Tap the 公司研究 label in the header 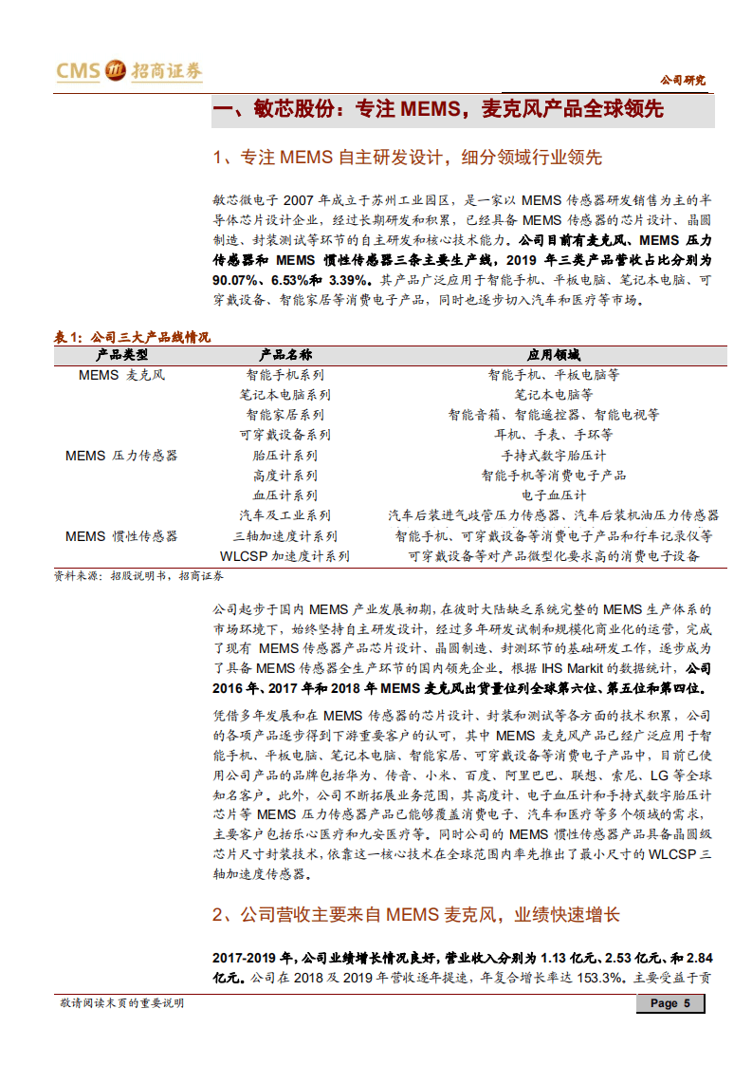[683, 80]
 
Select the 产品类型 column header [122, 355]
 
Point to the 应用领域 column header [553, 355]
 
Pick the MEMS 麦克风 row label [121, 375]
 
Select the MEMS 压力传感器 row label [121, 456]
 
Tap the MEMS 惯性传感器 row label [121, 536]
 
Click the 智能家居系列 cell [284, 415]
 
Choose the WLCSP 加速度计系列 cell [284, 556]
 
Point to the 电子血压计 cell [554, 495]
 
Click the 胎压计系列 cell [284, 456]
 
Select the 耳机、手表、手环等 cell [554, 435]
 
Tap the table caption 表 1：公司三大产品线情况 [132, 337]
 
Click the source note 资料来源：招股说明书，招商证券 [138, 575]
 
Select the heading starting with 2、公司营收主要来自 [416, 915]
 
